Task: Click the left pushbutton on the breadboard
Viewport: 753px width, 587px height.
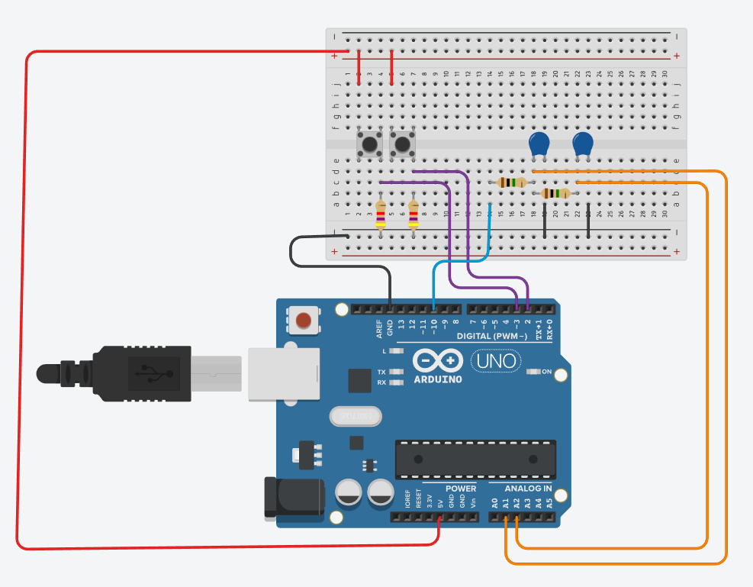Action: [x=370, y=144]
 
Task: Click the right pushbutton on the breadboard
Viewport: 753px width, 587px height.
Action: [x=403, y=144]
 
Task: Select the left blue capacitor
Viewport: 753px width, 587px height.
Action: [x=539, y=144]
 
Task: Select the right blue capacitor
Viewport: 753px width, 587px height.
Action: [x=583, y=144]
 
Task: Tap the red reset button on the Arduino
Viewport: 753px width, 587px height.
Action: [x=304, y=321]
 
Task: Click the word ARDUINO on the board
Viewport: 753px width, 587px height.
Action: [x=438, y=379]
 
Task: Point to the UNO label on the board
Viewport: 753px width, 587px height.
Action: [x=496, y=360]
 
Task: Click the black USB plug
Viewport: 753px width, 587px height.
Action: [x=137, y=373]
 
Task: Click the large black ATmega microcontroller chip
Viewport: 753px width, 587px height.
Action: [x=475, y=459]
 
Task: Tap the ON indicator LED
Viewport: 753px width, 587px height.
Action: [x=533, y=372]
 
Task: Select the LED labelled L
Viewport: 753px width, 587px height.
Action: [x=395, y=351]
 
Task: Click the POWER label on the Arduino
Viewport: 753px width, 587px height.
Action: [x=460, y=489]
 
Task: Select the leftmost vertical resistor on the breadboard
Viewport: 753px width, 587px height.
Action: [x=381, y=215]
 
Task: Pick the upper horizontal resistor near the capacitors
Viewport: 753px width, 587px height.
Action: [x=512, y=182]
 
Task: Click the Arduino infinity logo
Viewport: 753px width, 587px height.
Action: [x=437, y=360]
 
